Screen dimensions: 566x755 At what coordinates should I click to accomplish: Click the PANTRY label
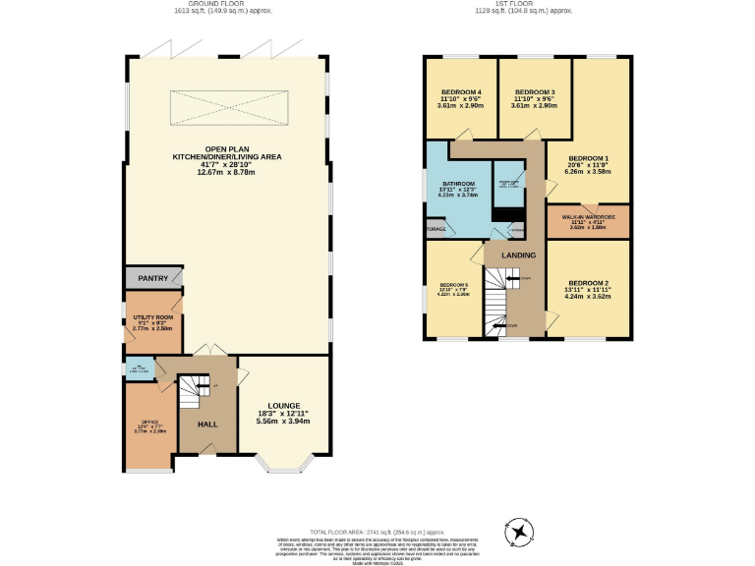pyautogui.click(x=153, y=278)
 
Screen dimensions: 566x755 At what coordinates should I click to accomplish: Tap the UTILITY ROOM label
pyautogui.click(x=152, y=317)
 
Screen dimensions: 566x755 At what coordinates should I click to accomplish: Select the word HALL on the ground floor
pyautogui.click(x=207, y=424)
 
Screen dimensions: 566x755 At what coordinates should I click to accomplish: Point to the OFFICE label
pyautogui.click(x=149, y=421)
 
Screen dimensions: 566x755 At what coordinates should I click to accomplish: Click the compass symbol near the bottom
pyautogui.click(x=518, y=532)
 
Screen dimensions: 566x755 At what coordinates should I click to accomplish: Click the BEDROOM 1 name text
pyautogui.click(x=589, y=158)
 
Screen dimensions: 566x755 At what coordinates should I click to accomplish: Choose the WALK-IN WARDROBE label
pyautogui.click(x=588, y=216)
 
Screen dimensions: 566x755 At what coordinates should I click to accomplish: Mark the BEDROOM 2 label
pyautogui.click(x=588, y=283)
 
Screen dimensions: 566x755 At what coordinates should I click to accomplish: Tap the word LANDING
pyautogui.click(x=518, y=255)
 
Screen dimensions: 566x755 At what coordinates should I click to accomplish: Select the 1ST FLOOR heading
pyautogui.click(x=523, y=4)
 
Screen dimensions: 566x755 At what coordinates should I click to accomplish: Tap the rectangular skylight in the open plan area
pyautogui.click(x=227, y=107)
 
